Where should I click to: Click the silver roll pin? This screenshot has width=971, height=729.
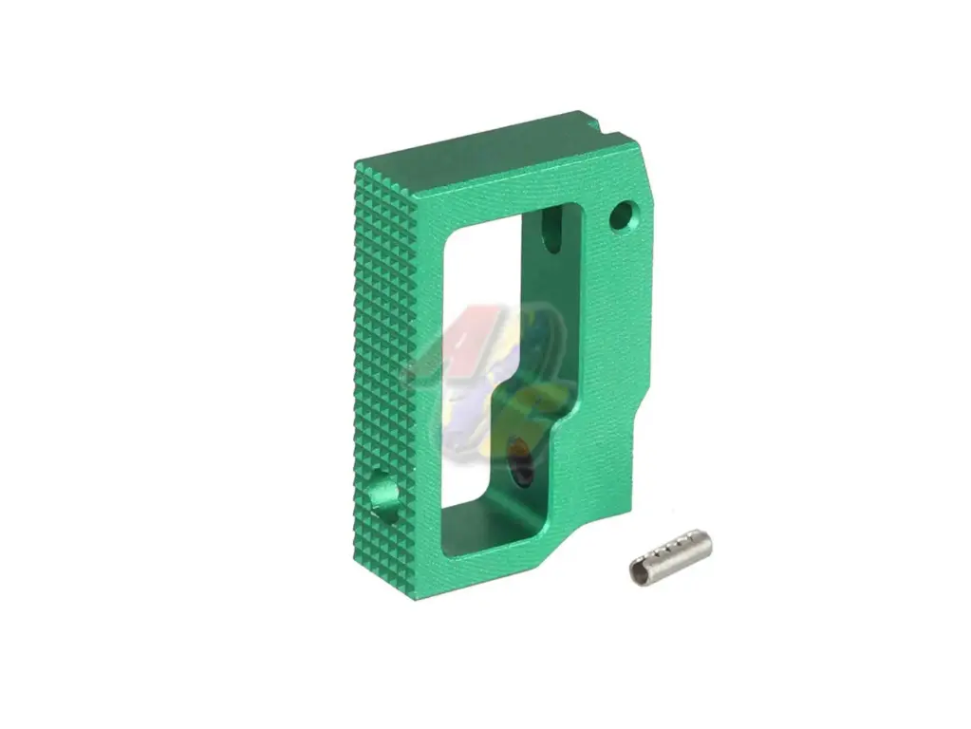click(x=670, y=556)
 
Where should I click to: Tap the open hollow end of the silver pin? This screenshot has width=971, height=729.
click(x=639, y=571)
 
